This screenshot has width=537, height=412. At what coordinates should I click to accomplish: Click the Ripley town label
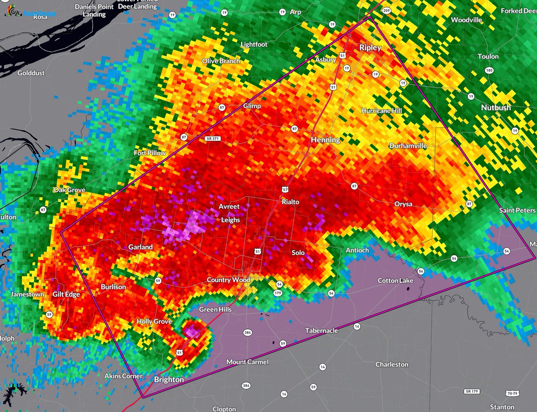pyautogui.click(x=370, y=47)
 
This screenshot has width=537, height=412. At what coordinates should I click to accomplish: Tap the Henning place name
pyautogui.click(x=325, y=140)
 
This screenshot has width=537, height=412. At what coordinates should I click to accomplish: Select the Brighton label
pyautogui.click(x=169, y=379)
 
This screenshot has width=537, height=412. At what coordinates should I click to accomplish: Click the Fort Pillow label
pyautogui.click(x=150, y=153)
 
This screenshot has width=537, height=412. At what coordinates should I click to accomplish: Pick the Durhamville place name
pyautogui.click(x=408, y=146)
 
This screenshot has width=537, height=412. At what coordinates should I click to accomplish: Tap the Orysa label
pyautogui.click(x=403, y=204)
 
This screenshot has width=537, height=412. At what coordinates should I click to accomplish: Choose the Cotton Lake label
pyautogui.click(x=396, y=280)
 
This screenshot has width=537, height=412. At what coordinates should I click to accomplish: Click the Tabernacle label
pyautogui.click(x=321, y=330)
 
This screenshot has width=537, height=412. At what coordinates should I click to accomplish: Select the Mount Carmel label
pyautogui.click(x=247, y=362)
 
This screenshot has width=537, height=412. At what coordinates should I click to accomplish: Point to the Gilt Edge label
pyautogui.click(x=66, y=294)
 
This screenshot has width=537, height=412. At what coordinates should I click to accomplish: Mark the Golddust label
pyautogui.click(x=31, y=73)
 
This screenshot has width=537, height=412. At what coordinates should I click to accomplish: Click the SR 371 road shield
pyautogui.click(x=214, y=139)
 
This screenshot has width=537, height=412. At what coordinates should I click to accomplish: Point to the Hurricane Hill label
pyautogui.click(x=382, y=111)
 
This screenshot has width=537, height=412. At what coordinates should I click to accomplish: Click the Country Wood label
pyautogui.click(x=228, y=280)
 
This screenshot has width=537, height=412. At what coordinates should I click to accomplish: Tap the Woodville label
pyautogui.click(x=466, y=20)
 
